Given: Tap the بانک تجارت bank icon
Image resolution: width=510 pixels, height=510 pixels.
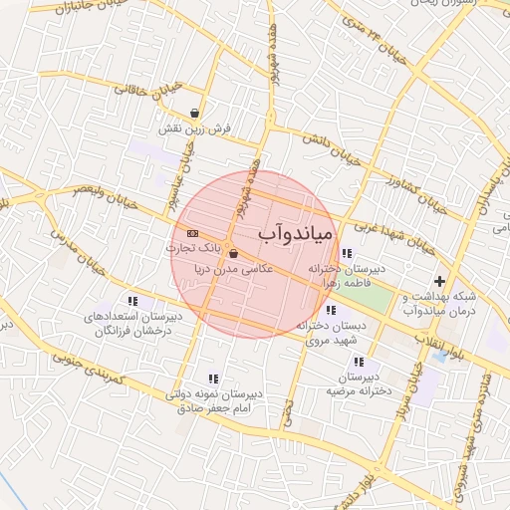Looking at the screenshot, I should tap(192, 233).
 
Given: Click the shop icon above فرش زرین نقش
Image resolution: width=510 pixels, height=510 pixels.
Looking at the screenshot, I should tap(204, 113).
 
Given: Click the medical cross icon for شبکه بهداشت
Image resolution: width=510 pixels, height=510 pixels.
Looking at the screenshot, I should tap(439, 281).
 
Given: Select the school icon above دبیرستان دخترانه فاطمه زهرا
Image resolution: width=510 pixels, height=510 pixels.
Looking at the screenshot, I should tap(346, 253).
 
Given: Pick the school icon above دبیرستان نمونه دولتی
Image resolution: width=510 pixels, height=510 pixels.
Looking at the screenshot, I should tap(212, 379).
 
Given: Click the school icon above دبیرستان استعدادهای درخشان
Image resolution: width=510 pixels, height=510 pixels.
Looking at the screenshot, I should tap(131, 301).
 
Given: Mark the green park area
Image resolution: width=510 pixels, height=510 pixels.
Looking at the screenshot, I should tap(370, 298).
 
